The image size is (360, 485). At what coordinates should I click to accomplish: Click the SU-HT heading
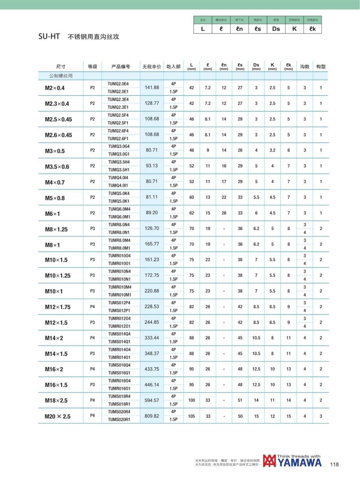(x=49, y=37)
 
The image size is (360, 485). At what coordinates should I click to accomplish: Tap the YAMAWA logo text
(x=299, y=462)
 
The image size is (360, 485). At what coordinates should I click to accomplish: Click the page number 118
(x=334, y=464)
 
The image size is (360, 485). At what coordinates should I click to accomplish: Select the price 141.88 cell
(x=152, y=87)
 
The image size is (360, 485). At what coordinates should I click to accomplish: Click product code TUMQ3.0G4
(x=119, y=146)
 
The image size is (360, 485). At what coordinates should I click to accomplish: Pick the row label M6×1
(x=52, y=214)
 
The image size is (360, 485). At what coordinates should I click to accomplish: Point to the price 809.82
(x=152, y=416)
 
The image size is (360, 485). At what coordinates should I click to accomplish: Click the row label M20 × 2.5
(x=57, y=416)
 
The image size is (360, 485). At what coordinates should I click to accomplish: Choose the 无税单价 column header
(x=151, y=67)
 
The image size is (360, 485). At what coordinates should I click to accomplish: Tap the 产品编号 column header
(x=121, y=67)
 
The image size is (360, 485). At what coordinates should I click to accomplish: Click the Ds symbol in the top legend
(x=276, y=29)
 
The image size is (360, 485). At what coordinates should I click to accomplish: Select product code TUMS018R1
(x=119, y=404)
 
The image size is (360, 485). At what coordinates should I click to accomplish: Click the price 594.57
(x=152, y=400)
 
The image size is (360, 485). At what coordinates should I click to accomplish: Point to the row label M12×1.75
(x=58, y=307)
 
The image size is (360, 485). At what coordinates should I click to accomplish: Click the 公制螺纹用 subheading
(x=61, y=76)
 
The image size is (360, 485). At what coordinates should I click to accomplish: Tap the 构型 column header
(x=321, y=67)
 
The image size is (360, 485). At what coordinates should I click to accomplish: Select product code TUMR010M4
(x=120, y=287)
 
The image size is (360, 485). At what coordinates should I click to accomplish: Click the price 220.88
(x=152, y=291)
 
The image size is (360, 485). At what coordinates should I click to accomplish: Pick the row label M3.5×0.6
(x=57, y=167)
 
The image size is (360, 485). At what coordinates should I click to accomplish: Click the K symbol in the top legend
(x=294, y=29)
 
